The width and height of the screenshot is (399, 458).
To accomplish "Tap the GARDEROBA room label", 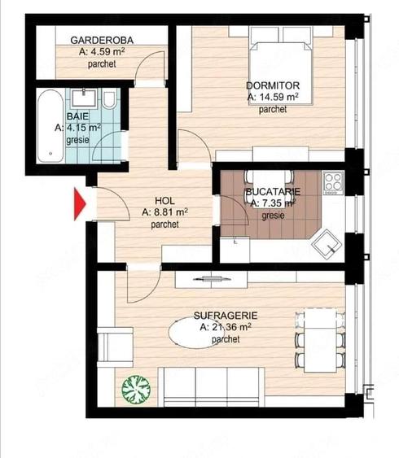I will coord(102,40).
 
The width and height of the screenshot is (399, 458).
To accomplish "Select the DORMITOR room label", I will coord(273,85).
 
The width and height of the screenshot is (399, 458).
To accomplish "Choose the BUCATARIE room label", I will coord(272,193).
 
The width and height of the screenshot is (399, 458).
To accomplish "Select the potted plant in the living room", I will coord(134,390).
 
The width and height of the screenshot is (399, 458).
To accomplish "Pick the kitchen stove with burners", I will coord(331,184).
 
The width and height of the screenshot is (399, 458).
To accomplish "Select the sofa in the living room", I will coord(209,385).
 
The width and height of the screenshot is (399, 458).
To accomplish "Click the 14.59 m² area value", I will coord(273,96).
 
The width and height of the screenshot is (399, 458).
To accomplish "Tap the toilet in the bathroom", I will coord(108,100).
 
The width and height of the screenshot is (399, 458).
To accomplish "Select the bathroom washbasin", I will coord(81,98).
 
